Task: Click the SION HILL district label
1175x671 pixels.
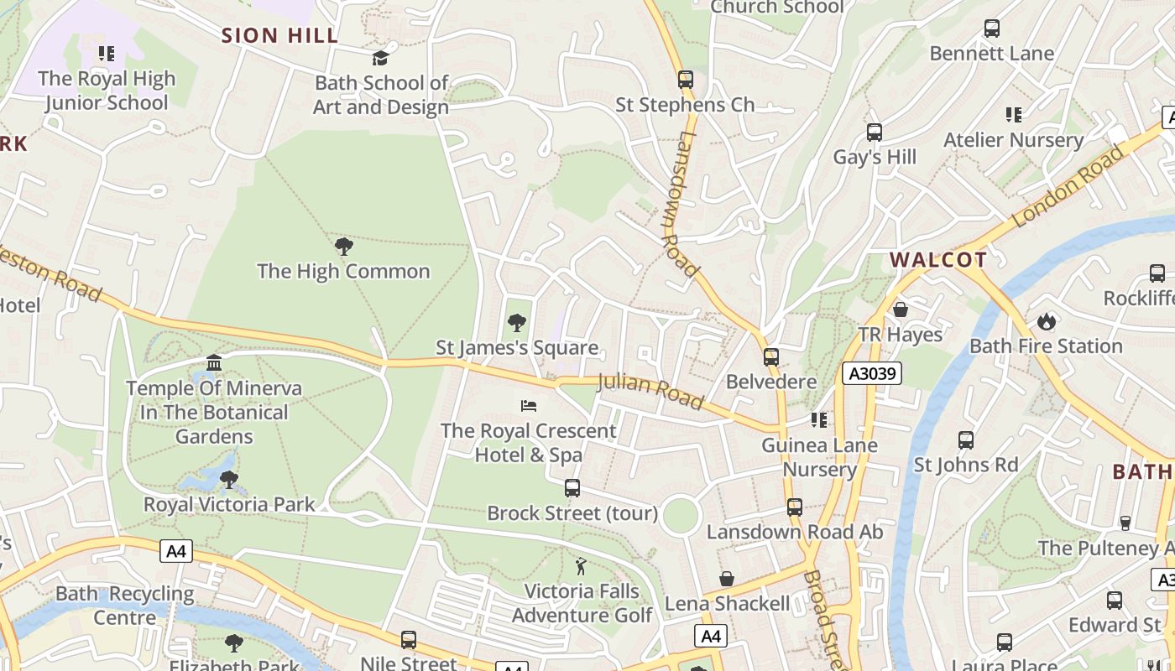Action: point(279,35)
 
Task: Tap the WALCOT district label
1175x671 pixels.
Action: point(938,259)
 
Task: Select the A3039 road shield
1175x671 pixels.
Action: point(872,373)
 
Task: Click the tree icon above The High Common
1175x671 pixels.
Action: point(343,247)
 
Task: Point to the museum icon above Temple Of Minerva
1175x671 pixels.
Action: point(214,363)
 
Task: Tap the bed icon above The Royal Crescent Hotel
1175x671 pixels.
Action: point(529,406)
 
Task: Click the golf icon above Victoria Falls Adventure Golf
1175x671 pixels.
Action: point(581,566)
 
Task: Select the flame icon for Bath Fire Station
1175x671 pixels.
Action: point(1046,321)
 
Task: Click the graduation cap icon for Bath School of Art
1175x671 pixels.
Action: point(380,58)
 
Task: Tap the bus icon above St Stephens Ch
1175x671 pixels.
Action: point(686,80)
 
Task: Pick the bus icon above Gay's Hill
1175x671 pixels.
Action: point(874,133)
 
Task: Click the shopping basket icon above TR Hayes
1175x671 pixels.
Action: point(901,309)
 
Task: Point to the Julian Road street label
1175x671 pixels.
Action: point(650,392)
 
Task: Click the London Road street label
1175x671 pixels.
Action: point(1068,188)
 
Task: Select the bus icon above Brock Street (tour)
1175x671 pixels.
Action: point(572,488)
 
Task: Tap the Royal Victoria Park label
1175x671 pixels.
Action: point(229,504)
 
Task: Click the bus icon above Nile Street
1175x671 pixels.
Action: point(409,640)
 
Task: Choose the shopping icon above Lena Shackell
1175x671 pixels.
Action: point(727,579)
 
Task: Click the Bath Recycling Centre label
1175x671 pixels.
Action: point(124,606)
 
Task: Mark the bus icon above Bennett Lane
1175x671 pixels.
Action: point(991,29)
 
